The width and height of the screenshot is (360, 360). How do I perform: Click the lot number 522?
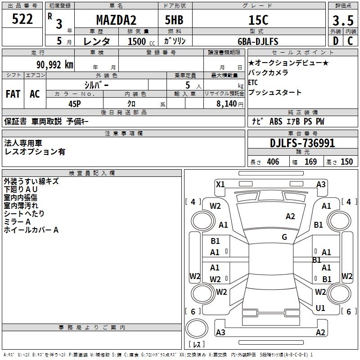click(x=22, y=19)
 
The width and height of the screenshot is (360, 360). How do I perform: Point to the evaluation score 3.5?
click(x=342, y=20)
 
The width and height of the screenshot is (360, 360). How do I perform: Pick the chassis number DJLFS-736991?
click(x=302, y=143)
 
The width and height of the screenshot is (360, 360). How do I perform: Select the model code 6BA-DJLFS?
click(x=258, y=41)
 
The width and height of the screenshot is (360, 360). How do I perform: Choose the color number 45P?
click(x=75, y=103)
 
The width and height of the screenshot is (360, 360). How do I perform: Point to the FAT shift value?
click(x=13, y=94)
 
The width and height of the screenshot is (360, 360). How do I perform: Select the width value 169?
click(x=310, y=162)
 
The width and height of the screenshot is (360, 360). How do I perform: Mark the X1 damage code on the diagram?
click(x=220, y=184)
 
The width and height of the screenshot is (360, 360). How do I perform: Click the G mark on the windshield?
click(x=284, y=237)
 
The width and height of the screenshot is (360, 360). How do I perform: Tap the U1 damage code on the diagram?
click(x=320, y=308)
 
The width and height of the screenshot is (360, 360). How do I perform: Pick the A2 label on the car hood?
click(x=290, y=216)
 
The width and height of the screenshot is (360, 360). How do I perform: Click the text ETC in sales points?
click(x=253, y=82)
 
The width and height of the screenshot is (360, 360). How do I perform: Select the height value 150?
click(x=346, y=162)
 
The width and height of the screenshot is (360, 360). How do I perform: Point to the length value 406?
click(x=273, y=162)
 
